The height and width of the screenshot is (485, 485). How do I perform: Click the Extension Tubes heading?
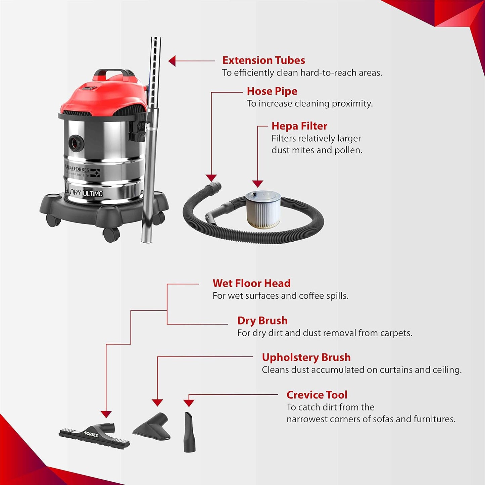[263, 60]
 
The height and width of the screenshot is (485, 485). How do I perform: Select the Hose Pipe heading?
[272, 91]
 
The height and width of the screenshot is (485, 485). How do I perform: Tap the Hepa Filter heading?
[299, 126]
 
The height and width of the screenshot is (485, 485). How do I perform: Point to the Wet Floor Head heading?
[251, 283]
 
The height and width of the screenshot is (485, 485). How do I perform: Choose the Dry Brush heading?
[262, 321]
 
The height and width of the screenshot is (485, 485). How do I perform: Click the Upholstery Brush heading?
[306, 357]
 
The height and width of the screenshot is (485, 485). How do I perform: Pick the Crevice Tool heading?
[317, 395]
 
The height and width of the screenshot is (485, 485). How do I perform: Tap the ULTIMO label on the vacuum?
[93, 194]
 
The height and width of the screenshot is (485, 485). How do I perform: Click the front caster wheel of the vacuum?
[111, 234]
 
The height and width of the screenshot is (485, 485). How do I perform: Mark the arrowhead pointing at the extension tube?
[172, 61]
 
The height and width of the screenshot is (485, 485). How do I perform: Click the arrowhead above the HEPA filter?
[257, 184]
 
